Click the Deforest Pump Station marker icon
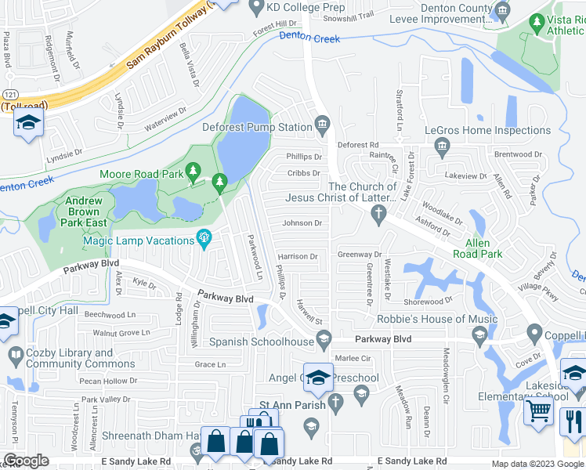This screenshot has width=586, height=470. click(323, 122)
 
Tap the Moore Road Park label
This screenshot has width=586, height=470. click(141, 174)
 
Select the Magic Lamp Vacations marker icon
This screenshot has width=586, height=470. click(205, 237)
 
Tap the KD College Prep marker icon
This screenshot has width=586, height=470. click(256, 7)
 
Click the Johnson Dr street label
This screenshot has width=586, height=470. click(302, 223)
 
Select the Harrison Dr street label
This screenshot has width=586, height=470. click(297, 256)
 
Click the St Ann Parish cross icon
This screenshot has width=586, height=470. click(335, 403)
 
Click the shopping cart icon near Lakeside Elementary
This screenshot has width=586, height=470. click(537, 409)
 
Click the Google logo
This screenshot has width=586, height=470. click(27, 461)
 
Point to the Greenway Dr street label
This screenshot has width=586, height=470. click(358, 255)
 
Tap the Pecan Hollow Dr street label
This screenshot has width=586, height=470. click(108, 381)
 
